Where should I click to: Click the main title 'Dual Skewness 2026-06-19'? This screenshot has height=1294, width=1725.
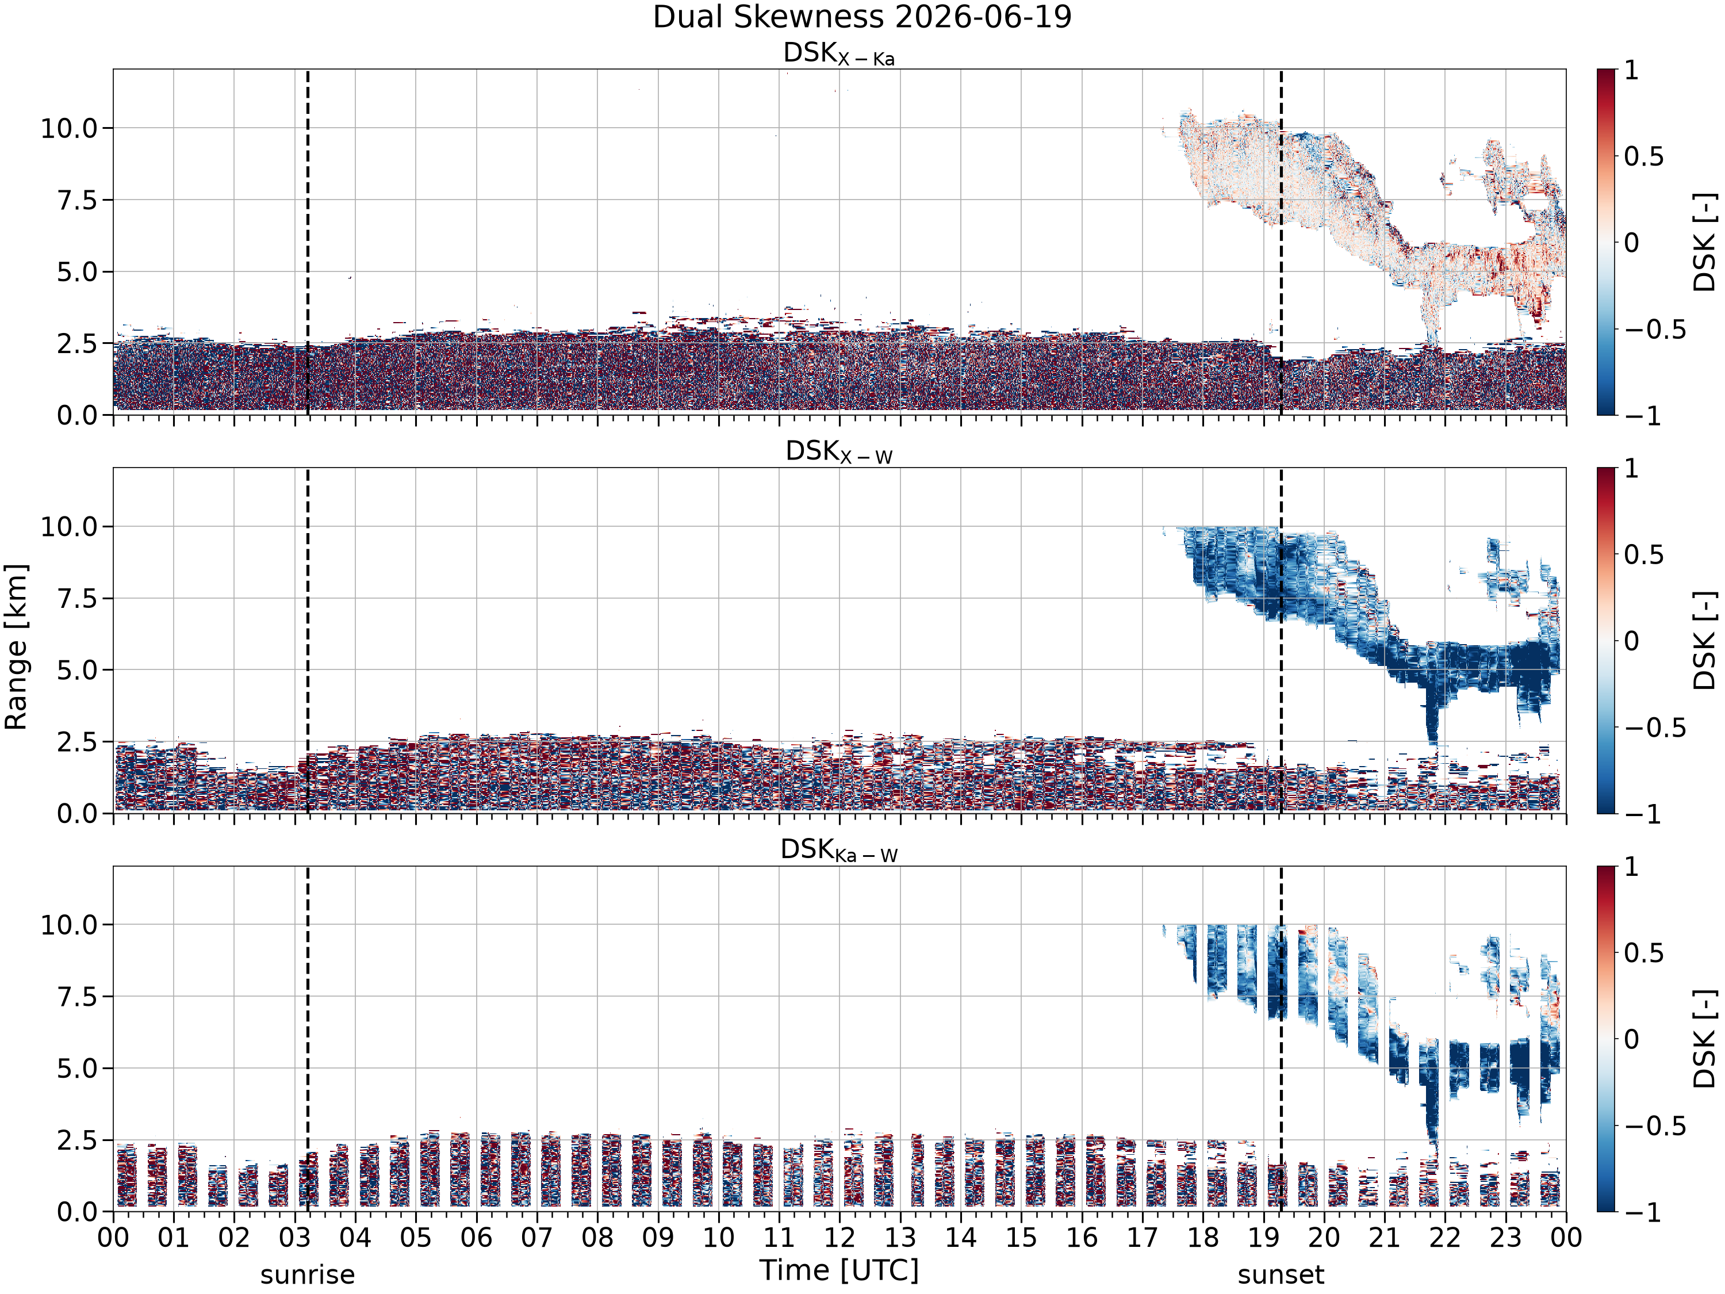[862, 17]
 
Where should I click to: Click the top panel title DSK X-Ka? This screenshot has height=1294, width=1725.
[839, 54]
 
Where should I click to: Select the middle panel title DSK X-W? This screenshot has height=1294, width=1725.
[839, 453]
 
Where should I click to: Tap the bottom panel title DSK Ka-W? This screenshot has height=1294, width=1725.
[839, 851]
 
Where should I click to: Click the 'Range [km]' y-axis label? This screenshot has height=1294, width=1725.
[16, 646]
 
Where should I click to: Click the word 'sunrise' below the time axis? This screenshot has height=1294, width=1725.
[307, 1275]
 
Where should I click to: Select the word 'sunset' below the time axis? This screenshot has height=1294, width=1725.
[1281, 1275]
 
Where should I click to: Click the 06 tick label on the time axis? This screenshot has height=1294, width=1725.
[476, 1237]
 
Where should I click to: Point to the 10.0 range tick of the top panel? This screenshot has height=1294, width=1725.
[70, 128]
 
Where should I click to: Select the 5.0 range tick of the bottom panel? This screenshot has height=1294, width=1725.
[78, 1068]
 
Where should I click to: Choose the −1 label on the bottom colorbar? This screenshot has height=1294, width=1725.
[1643, 1211]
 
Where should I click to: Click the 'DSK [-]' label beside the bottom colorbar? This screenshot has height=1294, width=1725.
[1705, 1039]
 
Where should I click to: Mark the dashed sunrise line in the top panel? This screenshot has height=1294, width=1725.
[307, 242]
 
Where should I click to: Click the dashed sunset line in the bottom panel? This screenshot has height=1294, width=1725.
[1281, 1039]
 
